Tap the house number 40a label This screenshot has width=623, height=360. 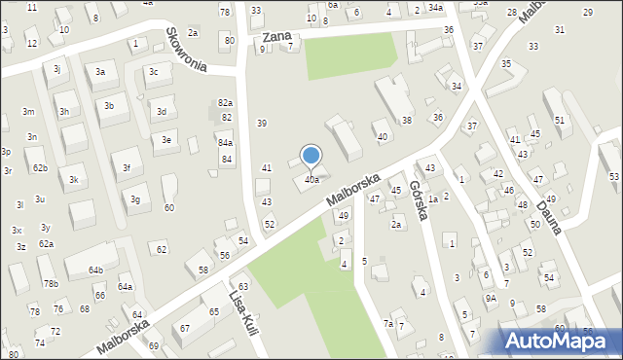tap(311, 179)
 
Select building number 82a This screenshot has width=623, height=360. tap(226, 103)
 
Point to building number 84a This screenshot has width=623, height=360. tap(225, 143)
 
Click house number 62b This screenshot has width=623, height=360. tap(40, 168)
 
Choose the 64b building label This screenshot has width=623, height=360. tap(95, 270)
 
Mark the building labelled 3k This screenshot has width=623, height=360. tap(73, 180)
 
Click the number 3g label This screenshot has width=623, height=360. tap(136, 199)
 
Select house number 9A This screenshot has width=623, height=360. tap(492, 299)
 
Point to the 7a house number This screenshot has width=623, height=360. tap(387, 323)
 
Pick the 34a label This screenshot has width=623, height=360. tap(435, 9)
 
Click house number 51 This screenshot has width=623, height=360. tap(559, 120)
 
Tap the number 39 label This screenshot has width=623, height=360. tap(261, 123)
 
